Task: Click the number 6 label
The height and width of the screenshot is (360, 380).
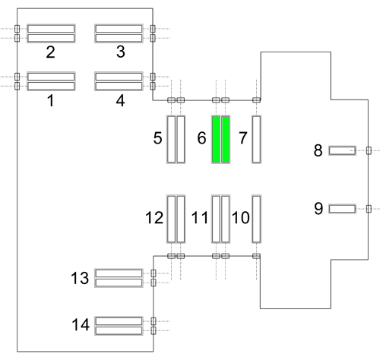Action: (x=201, y=138)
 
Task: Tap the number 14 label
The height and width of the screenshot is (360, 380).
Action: (x=81, y=324)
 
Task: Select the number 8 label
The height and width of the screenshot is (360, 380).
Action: (x=318, y=150)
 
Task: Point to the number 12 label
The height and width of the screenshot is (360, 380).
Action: (x=154, y=217)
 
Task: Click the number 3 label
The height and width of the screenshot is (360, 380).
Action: (x=121, y=52)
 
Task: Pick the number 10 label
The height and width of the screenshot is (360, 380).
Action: (x=241, y=217)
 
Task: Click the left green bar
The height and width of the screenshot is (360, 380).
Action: (x=216, y=139)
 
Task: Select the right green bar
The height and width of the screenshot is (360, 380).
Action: (x=226, y=139)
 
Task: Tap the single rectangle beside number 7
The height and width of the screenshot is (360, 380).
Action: (x=256, y=139)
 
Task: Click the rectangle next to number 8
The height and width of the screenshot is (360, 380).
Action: (x=342, y=150)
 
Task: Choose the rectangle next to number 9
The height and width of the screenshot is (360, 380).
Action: (x=342, y=209)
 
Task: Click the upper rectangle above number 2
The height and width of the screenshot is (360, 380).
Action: (x=51, y=29)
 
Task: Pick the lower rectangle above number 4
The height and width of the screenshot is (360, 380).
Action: (x=119, y=86)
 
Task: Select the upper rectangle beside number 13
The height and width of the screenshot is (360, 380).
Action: (x=119, y=273)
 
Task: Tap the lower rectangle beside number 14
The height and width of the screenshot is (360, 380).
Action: (x=119, y=330)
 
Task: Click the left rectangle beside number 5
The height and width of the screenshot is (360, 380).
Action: (x=171, y=139)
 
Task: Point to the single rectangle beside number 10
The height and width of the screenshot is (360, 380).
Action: (x=256, y=219)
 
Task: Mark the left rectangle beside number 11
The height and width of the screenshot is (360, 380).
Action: (x=216, y=219)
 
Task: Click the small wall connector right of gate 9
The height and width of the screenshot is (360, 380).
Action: (x=369, y=209)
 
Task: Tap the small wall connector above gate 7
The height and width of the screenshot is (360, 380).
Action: (x=256, y=100)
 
